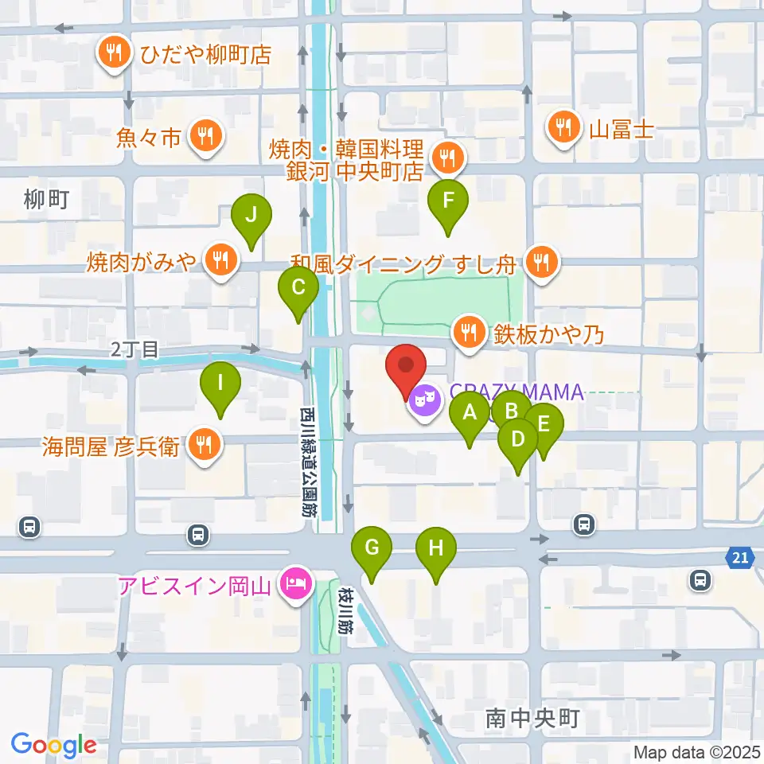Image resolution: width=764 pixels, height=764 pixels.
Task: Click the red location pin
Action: point(406,368)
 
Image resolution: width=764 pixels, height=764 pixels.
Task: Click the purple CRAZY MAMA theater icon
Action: point(422,398)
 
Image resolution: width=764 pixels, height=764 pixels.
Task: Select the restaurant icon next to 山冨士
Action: point(563,127)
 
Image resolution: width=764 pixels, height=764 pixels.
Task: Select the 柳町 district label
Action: point(47,200)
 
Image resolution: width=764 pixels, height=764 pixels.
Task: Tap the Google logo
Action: point(53,745)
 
